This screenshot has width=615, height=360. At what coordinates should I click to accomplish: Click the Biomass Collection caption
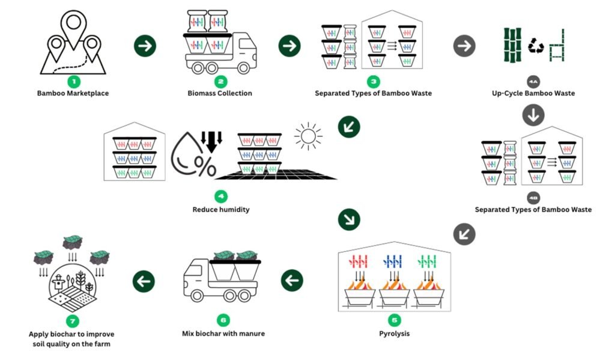220,93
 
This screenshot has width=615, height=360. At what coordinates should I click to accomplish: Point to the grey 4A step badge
533,80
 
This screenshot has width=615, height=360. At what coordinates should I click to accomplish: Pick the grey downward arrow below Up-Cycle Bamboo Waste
533,115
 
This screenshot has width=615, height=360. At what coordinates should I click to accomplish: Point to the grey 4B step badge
533,197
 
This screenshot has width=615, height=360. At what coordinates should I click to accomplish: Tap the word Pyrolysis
395,333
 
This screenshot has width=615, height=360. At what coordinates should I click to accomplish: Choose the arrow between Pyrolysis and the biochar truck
291,280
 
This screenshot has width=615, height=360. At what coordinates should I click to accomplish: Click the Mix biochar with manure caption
223,333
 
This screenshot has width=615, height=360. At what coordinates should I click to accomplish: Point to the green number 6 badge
223,320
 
